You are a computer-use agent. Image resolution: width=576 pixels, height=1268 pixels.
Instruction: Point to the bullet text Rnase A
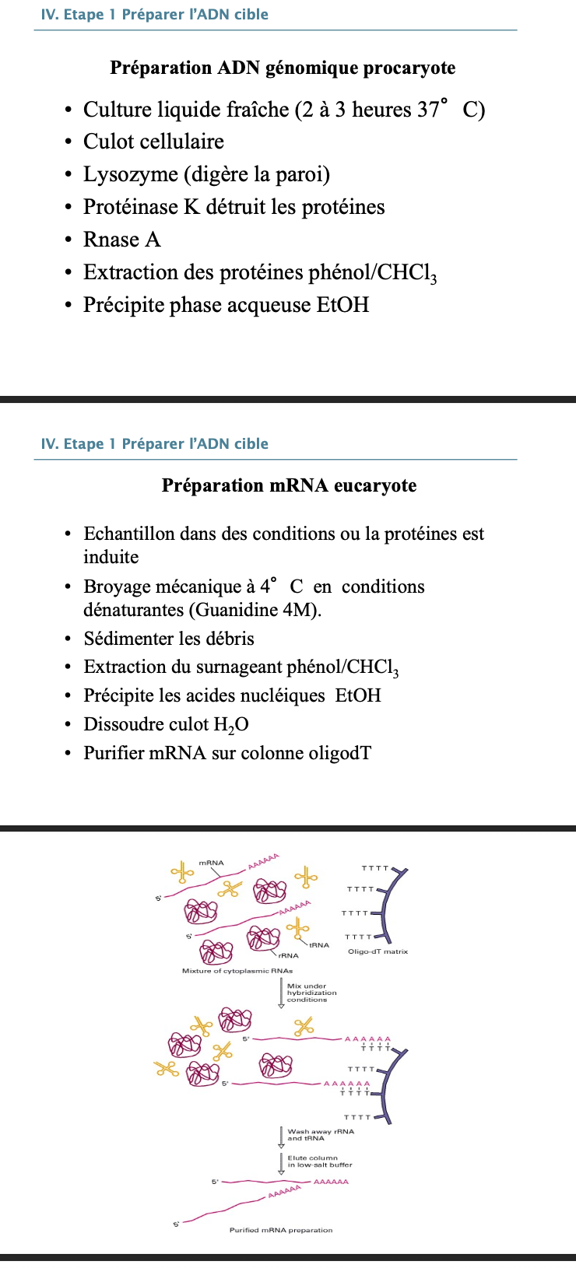pyautogui.click(x=122, y=240)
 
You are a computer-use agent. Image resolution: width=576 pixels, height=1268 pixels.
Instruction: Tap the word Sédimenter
pyautogui.click(x=128, y=639)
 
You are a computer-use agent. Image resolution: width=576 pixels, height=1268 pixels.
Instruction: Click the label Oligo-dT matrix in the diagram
pyautogui.click(x=378, y=951)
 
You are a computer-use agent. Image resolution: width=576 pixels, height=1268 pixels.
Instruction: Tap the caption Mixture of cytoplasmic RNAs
pyautogui.click(x=237, y=971)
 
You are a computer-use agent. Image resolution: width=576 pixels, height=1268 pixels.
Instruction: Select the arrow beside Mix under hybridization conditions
pyautogui.click(x=282, y=993)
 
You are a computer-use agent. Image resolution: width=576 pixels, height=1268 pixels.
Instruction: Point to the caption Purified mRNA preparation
pyautogui.click(x=281, y=1230)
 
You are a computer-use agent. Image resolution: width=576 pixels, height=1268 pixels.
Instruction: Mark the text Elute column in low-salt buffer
pyautogui.click(x=319, y=1161)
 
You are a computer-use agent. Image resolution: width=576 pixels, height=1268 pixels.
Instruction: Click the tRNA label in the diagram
pyautogui.click(x=319, y=945)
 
